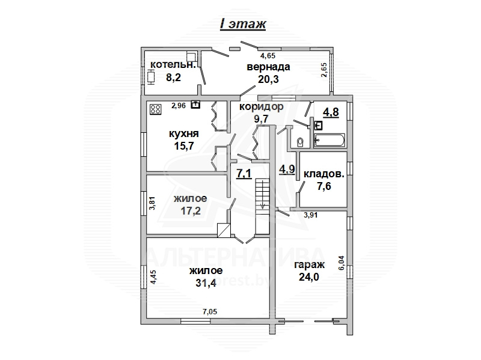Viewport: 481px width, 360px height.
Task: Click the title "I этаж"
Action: point(243,23)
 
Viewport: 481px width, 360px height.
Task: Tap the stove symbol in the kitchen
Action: point(156,109)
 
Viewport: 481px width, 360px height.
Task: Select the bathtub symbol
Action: point(329,141)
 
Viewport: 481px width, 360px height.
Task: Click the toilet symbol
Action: point(300,142)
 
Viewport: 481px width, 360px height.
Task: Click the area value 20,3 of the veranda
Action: point(268,79)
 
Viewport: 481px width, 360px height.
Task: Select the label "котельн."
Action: point(173,65)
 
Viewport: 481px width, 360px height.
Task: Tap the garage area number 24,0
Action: point(309,277)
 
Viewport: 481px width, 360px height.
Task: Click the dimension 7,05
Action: point(210,312)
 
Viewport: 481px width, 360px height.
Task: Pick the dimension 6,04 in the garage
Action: point(342,263)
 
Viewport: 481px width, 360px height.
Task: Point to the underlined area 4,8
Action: point(331,112)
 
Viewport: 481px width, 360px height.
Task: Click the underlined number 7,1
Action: point(244,174)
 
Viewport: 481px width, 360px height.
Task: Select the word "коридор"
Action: point(262,107)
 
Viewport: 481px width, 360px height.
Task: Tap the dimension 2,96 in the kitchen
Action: point(179,106)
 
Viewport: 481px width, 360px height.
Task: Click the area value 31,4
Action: point(206,282)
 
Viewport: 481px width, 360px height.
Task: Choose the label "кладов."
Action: point(324,174)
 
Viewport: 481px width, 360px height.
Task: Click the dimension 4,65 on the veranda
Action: point(268,56)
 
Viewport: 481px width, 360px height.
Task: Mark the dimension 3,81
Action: point(152,203)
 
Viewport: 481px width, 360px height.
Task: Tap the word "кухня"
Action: point(184,133)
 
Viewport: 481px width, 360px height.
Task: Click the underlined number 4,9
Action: point(287,169)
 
